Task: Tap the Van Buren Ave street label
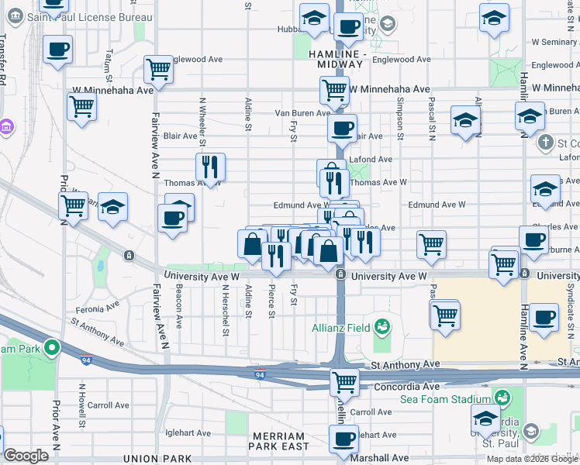tap(303, 113)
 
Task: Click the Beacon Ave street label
tap(178, 305)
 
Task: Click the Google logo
tap(26, 456)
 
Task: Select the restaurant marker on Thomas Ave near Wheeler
tap(209, 166)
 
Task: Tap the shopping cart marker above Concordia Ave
tap(344, 381)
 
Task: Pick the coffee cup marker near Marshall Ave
tap(344, 439)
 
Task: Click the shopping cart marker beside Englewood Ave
tap(159, 68)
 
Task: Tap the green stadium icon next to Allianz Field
tap(381, 326)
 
